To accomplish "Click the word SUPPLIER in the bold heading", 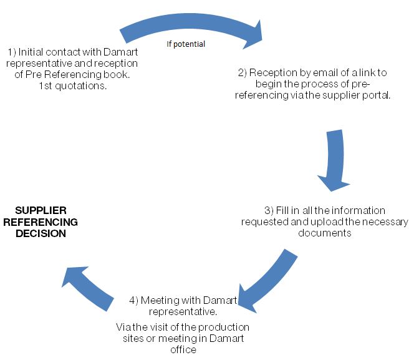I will click(x=41, y=210).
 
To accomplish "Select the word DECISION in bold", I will click(x=41, y=233).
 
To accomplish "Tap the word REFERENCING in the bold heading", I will click(x=41, y=222).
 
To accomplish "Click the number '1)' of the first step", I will click(x=12, y=52).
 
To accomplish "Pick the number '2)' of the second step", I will click(x=243, y=73).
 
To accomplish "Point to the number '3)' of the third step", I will click(x=269, y=210).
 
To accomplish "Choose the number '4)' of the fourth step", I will click(x=133, y=300).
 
